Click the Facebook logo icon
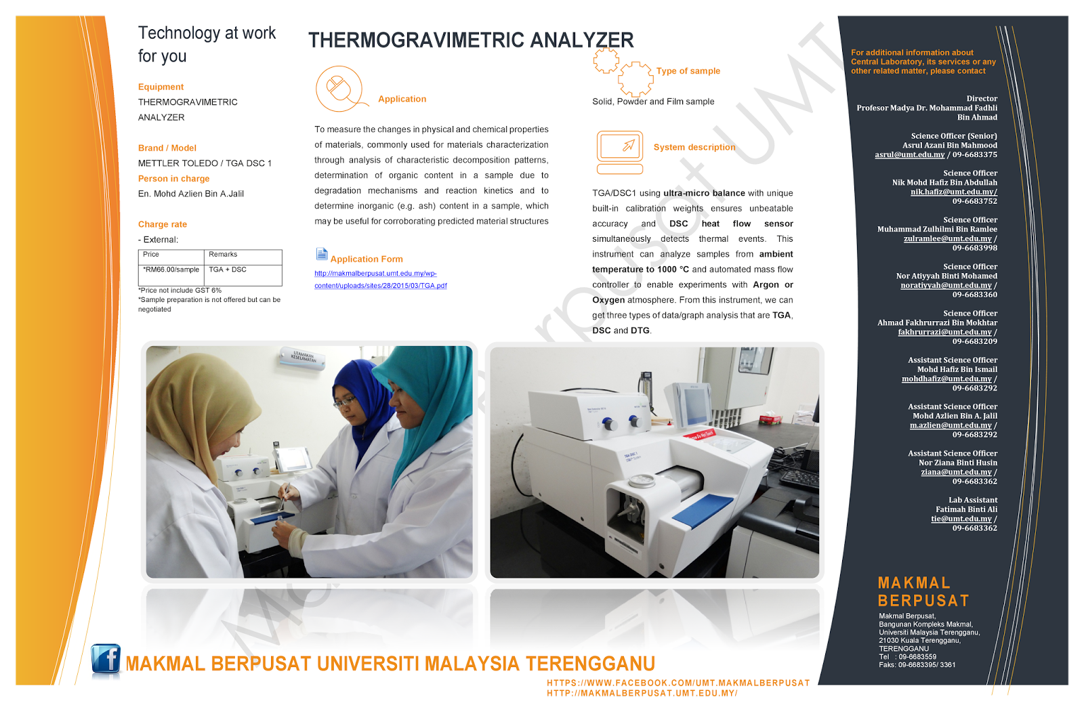pyautogui.click(x=106, y=660)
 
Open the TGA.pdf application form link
pyautogui.click(x=380, y=280)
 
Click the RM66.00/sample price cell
pyautogui.click(x=171, y=270)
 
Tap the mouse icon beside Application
pyautogui.click(x=339, y=89)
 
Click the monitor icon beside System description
pyautogui.click(x=620, y=151)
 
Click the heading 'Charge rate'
pyautogui.click(x=163, y=224)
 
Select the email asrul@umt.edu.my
pyautogui.click(x=909, y=155)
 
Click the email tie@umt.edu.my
pyautogui.click(x=961, y=519)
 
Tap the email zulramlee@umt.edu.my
pyautogui.click(x=947, y=238)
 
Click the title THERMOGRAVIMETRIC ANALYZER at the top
pyautogui.click(x=471, y=41)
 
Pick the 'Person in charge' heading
pyautogui.click(x=173, y=179)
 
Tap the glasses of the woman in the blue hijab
pyautogui.click(x=346, y=402)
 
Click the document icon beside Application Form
pyautogui.click(x=322, y=254)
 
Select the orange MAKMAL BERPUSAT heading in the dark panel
pyautogui.click(x=923, y=592)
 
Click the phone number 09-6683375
pyautogui.click(x=975, y=155)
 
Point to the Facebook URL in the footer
pyautogui.click(x=678, y=683)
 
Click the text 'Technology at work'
pyautogui.click(x=207, y=33)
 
